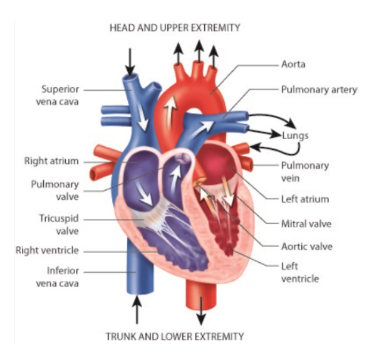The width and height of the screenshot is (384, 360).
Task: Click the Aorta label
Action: [x=293, y=65]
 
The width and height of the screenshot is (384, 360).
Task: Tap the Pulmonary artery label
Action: [x=318, y=90]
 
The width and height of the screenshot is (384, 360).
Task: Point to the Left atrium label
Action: [x=305, y=199]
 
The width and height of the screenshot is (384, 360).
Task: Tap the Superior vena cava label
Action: [x=60, y=95]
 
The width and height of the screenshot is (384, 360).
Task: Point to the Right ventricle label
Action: [x=48, y=251]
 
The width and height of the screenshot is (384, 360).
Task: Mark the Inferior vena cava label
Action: [x=60, y=278]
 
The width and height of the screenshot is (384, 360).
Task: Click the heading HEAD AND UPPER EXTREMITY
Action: [x=174, y=28]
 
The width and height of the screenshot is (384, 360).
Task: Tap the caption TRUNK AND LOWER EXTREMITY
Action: [x=174, y=336]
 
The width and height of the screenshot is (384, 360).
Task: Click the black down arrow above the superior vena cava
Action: [x=130, y=60]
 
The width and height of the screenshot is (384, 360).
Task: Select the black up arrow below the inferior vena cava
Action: [x=137, y=311]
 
